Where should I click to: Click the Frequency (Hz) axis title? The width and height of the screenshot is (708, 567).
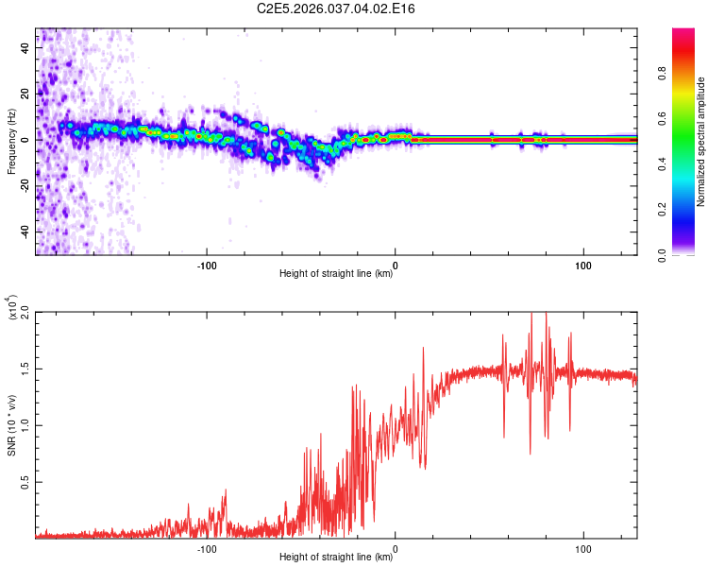11,142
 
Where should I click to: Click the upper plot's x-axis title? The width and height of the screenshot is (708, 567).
336,274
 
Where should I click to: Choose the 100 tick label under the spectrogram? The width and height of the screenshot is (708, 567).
583,264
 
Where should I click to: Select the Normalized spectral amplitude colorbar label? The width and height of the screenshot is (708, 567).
701,142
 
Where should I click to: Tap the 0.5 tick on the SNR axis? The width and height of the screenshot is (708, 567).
25,481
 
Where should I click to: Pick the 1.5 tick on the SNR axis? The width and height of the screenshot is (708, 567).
25,368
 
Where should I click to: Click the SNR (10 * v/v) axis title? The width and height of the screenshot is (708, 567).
11,425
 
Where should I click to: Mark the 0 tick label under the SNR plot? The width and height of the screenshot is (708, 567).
395,547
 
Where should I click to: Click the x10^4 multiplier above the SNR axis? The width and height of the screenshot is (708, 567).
12,308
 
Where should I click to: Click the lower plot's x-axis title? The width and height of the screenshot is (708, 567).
336,558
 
